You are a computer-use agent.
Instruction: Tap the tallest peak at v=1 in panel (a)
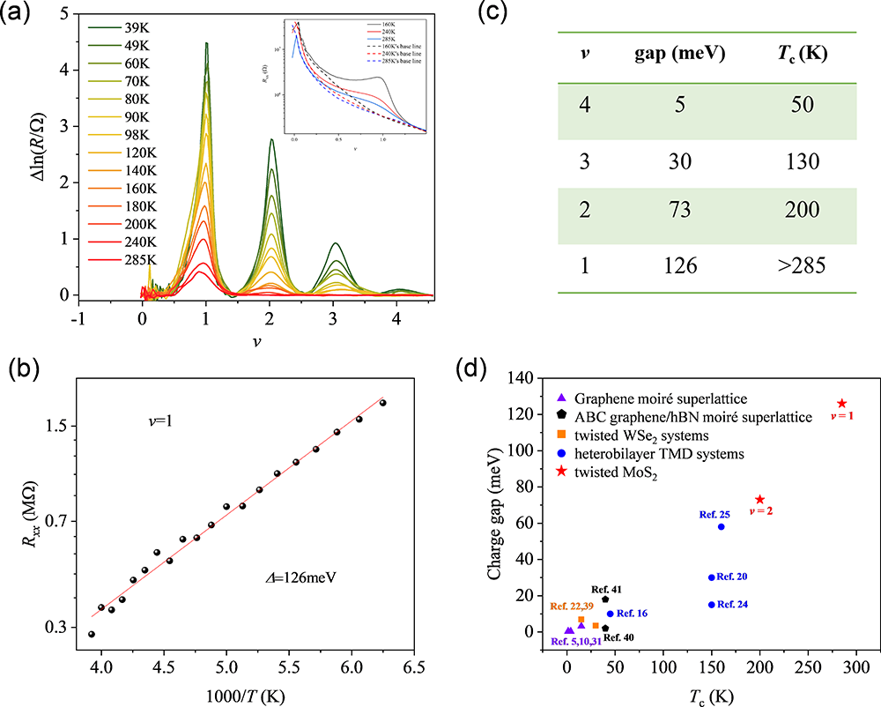(x=206, y=43)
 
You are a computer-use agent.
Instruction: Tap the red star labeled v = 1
(x=841, y=404)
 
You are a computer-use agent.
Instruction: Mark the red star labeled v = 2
(x=760, y=500)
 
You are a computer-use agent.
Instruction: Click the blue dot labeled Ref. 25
(x=722, y=526)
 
